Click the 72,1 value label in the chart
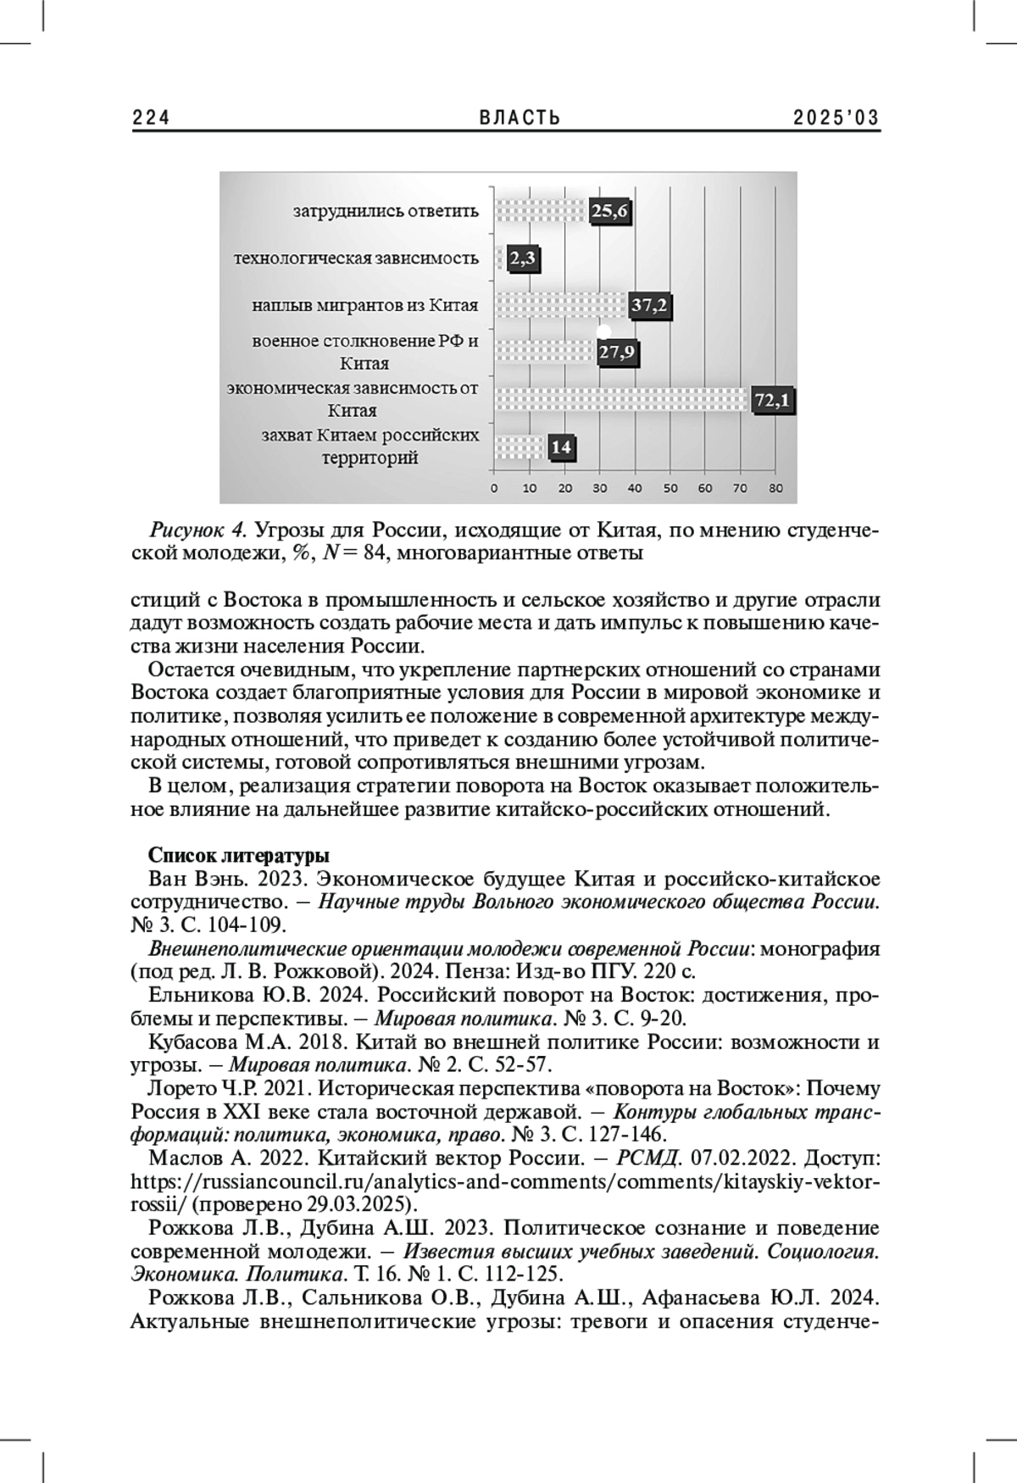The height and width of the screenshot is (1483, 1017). click(x=773, y=399)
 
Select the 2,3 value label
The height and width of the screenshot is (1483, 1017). click(x=523, y=259)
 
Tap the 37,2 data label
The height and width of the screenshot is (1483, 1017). click(x=650, y=306)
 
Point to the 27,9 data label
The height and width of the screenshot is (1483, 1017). click(x=617, y=352)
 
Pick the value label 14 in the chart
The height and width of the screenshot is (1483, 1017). click(x=561, y=447)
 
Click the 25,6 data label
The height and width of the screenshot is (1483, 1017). click(x=609, y=212)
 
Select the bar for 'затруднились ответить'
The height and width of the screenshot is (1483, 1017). click(x=541, y=212)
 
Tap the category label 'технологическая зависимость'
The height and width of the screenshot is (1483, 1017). click(x=356, y=258)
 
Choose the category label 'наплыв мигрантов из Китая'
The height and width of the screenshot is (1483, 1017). click(x=365, y=305)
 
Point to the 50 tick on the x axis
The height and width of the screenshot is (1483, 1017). click(x=670, y=489)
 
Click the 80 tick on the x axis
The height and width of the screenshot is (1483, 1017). click(x=775, y=489)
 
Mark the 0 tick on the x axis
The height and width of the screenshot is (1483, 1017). click(x=495, y=489)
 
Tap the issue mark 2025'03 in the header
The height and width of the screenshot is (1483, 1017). click(x=836, y=119)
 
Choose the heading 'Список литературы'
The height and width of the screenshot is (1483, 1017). click(x=239, y=854)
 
